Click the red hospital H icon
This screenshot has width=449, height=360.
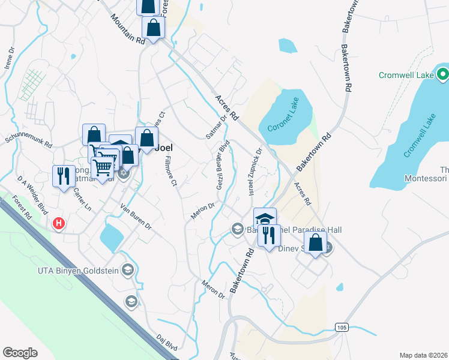click(59, 224)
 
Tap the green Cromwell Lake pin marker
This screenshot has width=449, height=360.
click(443, 75)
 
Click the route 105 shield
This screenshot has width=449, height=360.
click(342, 327)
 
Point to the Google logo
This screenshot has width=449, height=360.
click(20, 353)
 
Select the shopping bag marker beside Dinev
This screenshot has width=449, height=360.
click(315, 243)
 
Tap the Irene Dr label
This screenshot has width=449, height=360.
click(8, 59)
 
